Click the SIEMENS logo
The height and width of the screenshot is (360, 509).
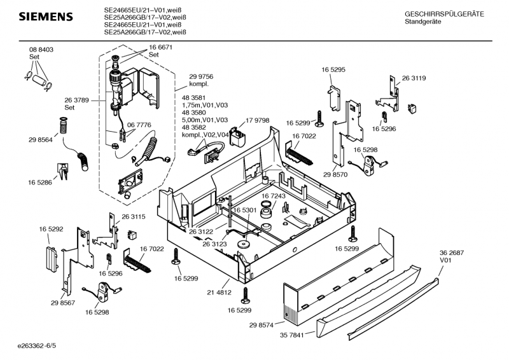(x=45, y=16)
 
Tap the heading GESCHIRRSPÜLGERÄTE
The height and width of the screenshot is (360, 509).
(x=444, y=13)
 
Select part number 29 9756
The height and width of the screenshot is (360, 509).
(x=201, y=76)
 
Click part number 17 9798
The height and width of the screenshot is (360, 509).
(x=257, y=120)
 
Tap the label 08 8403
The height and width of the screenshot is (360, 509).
(x=41, y=50)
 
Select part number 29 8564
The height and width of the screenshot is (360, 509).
(x=41, y=140)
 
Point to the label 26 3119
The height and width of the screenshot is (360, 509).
(x=414, y=78)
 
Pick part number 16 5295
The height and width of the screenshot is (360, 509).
(x=333, y=69)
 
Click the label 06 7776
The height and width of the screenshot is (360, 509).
(x=139, y=125)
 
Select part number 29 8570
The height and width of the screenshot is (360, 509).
(x=335, y=174)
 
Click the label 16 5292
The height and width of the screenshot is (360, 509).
(x=51, y=228)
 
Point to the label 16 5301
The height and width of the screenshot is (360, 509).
(x=244, y=211)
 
